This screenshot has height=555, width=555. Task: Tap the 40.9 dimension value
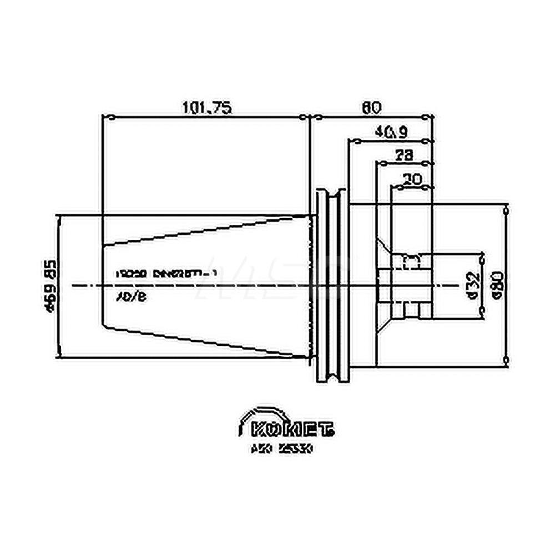[391, 132]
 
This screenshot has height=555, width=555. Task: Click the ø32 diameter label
[472, 285]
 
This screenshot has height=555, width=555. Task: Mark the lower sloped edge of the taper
[205, 341]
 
